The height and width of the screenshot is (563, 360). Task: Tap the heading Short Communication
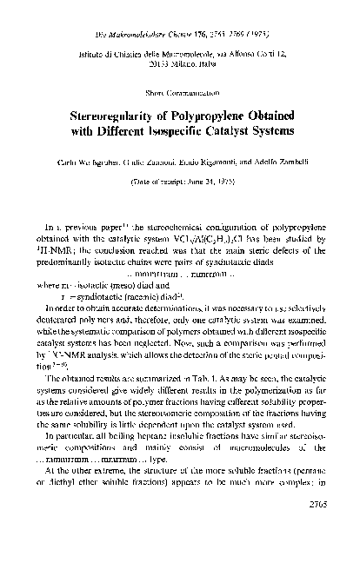180,91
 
